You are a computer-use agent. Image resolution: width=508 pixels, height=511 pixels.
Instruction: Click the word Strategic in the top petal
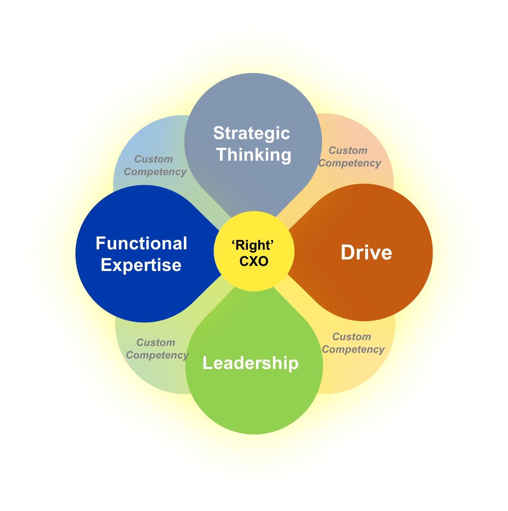tap(251, 133)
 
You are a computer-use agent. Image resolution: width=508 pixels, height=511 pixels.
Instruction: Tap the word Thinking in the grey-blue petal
tap(254, 155)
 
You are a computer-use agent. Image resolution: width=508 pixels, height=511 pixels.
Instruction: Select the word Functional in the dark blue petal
tap(141, 244)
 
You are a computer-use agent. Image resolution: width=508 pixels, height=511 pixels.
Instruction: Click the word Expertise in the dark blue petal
tap(141, 265)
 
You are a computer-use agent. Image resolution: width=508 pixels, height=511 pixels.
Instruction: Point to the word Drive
tap(366, 252)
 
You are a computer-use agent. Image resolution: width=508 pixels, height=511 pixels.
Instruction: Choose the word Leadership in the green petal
tap(250, 363)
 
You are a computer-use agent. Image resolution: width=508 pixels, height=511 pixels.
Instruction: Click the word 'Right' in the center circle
tap(253, 245)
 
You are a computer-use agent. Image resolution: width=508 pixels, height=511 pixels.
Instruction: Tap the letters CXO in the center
tap(254, 261)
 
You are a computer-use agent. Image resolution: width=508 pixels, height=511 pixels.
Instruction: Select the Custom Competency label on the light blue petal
tap(155, 165)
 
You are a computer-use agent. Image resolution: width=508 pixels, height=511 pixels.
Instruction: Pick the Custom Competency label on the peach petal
tap(349, 157)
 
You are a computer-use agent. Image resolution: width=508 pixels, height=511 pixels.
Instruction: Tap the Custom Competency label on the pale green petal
tap(157, 349)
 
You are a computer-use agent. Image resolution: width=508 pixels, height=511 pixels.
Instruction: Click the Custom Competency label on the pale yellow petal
tap(353, 343)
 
